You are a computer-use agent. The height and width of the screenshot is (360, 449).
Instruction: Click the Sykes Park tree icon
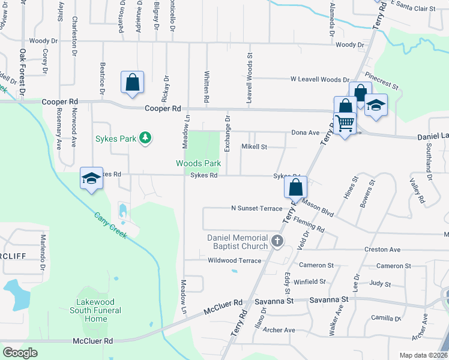[x=145, y=139]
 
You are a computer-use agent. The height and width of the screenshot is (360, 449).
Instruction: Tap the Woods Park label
[x=198, y=163]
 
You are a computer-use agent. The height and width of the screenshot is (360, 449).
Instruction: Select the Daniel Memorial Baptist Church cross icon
[x=277, y=242]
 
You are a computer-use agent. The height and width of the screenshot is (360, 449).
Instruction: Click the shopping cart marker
[x=345, y=124]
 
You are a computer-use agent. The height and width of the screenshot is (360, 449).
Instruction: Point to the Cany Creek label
[x=110, y=225]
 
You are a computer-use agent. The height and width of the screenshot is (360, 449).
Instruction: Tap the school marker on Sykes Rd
[x=91, y=178]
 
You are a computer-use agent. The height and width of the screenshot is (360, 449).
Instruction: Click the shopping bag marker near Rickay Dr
[x=132, y=83]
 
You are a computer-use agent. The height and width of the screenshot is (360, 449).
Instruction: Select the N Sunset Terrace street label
[x=256, y=208]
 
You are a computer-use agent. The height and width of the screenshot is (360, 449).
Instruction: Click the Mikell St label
[x=254, y=146]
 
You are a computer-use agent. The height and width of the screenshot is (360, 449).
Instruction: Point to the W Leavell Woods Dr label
[x=319, y=79]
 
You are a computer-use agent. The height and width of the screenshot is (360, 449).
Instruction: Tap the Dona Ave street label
[x=306, y=133]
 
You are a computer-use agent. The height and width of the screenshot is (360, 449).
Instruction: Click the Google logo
[x=20, y=353]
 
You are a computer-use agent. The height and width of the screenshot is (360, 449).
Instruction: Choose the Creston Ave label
[x=382, y=250]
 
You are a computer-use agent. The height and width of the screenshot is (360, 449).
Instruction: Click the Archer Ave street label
[x=279, y=330]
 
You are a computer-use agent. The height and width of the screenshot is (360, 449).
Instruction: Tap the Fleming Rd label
[x=309, y=225]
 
